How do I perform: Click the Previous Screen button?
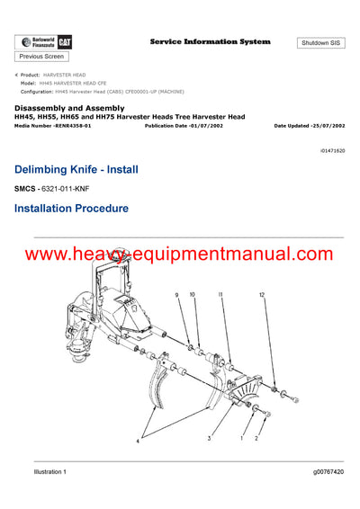coord(41,56)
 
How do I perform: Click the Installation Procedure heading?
coord(71,209)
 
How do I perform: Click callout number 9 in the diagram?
coord(176,294)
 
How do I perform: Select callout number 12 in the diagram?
coord(262,295)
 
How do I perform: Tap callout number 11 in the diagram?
coord(218,294)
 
